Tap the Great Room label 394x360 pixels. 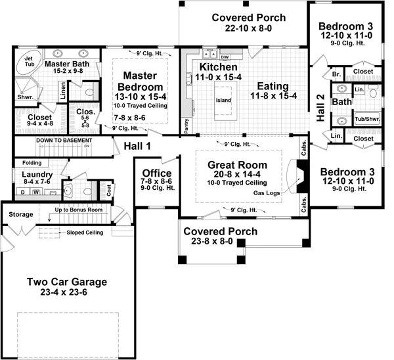pyautogui.click(x=238, y=165)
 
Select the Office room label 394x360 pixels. pyautogui.click(x=157, y=173)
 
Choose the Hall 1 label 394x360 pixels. pyautogui.click(x=135, y=148)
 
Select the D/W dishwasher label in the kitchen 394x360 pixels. pyautogui.click(x=224, y=57)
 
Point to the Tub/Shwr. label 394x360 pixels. pyautogui.click(x=366, y=119)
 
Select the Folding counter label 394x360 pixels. pyautogui.click(x=31, y=162)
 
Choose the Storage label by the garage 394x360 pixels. pyautogui.click(x=20, y=214)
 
